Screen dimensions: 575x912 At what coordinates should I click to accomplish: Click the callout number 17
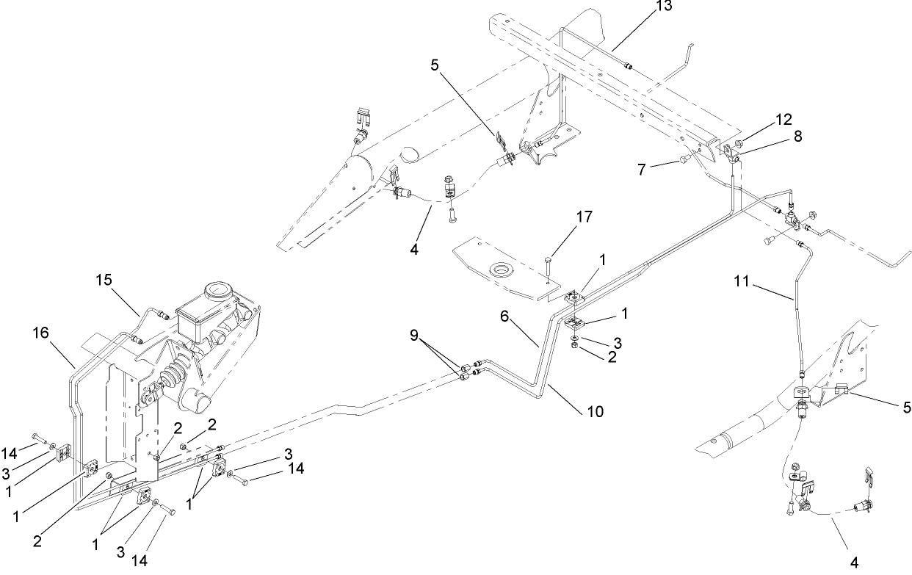click(564, 217)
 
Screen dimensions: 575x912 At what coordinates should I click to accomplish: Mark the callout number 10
click(595, 411)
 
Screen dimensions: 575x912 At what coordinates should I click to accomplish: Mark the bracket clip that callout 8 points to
click(732, 153)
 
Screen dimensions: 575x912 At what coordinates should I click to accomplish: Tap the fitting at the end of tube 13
click(629, 67)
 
